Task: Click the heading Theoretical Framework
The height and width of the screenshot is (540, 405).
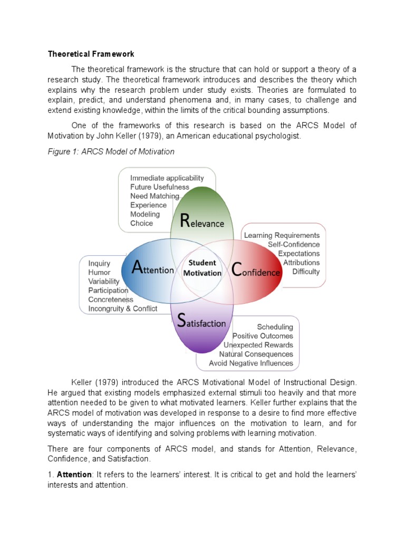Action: pos(91,54)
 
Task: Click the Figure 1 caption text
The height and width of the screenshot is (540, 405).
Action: pos(111,152)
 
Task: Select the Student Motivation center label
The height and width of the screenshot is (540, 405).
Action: pos(202,268)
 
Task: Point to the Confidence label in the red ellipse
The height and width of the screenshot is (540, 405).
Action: pos(256,272)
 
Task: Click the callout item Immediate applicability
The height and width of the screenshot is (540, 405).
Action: pos(167,178)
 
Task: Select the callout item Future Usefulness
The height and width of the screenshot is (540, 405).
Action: pos(159,187)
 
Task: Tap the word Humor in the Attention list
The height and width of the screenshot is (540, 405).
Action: pos(99,273)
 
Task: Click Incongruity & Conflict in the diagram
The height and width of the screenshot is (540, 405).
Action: pos(122,308)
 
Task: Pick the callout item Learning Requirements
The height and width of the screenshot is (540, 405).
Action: pos(282,236)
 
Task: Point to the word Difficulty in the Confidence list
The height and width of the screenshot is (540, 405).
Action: pos(306,272)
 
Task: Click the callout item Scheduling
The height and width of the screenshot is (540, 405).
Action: pos(275,327)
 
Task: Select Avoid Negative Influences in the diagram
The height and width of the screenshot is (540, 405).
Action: pos(251,363)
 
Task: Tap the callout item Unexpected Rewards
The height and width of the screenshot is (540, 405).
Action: pos(258,345)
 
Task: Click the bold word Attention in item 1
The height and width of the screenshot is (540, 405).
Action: pos(74,475)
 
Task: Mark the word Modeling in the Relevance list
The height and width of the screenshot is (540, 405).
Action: pos(145,214)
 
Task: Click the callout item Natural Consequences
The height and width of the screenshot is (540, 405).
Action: pos(256,354)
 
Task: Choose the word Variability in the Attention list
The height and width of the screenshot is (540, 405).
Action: pos(104,282)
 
